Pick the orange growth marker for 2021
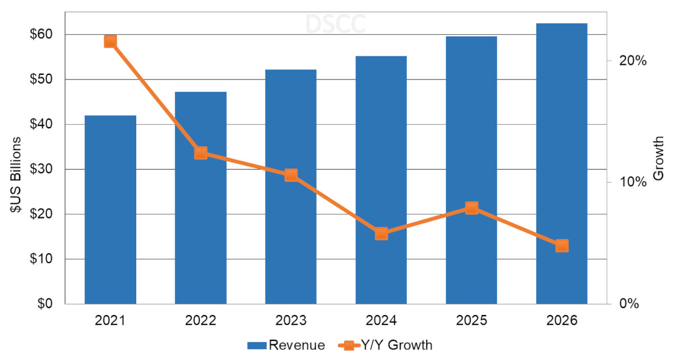tap(110, 41)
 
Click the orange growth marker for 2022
tap(201, 153)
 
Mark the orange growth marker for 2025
tap(471, 208)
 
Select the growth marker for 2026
tap(561, 246)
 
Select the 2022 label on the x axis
tap(201, 321)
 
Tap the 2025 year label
tap(471, 321)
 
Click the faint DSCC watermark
tap(335, 24)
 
